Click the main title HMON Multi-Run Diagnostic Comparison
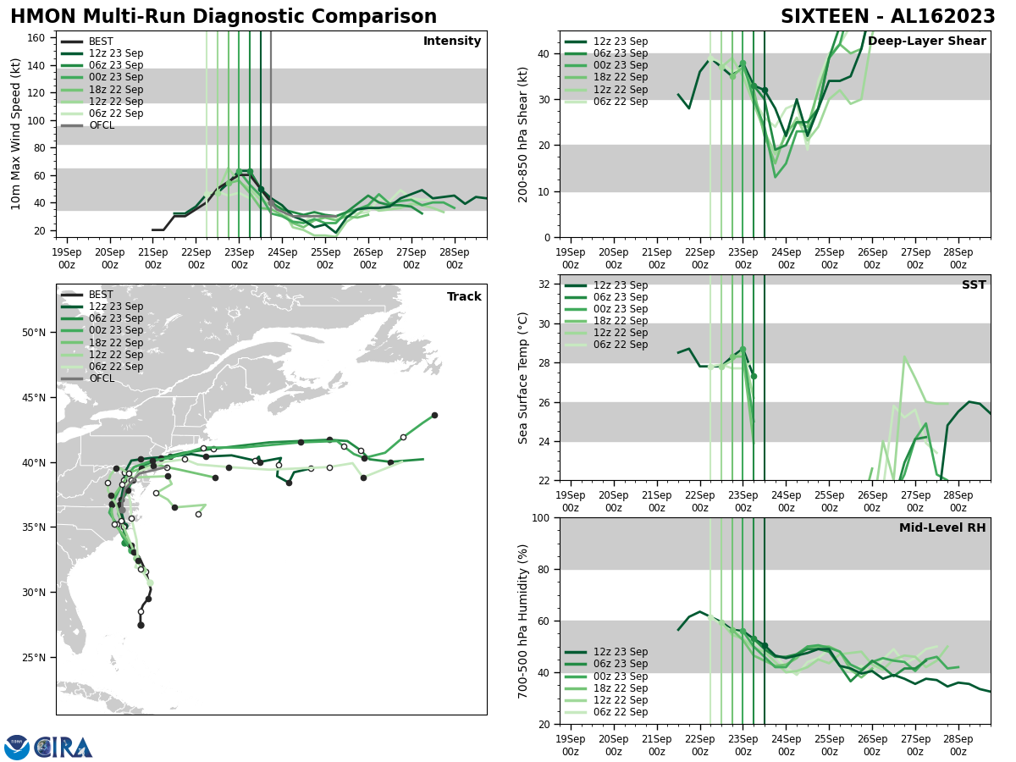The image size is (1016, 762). (224, 17)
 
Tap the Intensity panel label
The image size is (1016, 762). (452, 41)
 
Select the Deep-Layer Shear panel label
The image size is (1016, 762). (926, 41)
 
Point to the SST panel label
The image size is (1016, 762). (974, 285)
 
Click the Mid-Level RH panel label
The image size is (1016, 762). (942, 528)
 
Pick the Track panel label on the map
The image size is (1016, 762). (464, 297)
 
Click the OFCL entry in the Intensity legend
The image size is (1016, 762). (102, 125)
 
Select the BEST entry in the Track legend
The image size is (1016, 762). (101, 295)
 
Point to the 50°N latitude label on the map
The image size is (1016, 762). (35, 332)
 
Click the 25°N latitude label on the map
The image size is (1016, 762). (35, 657)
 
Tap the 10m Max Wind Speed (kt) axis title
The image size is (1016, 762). (16, 134)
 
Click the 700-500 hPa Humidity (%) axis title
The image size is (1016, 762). (524, 621)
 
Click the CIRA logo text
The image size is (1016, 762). (63, 748)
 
